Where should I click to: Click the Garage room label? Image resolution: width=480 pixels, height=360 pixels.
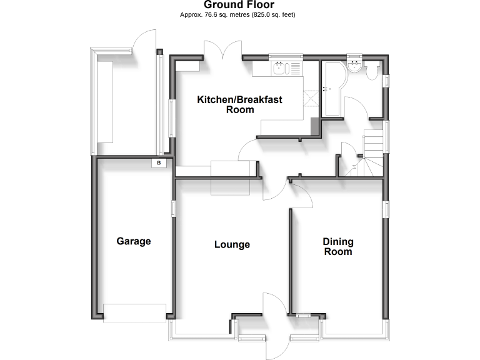(134, 241)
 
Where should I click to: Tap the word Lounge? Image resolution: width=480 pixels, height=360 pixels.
(232, 244)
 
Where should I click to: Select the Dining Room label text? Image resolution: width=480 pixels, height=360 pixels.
(337, 247)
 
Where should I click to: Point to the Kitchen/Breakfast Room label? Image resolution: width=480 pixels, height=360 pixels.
(240, 104)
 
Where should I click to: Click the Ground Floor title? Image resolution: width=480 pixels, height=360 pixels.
(239, 5)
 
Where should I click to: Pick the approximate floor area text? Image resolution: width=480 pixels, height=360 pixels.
(239, 14)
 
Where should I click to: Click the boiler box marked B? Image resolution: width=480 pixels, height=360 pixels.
(159, 163)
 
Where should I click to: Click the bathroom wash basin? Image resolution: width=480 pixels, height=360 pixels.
(356, 66)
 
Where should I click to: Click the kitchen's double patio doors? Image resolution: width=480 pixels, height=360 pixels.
(222, 51)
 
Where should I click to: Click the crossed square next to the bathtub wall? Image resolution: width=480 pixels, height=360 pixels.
(310, 99)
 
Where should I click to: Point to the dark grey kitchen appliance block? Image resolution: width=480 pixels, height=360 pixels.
(315, 126)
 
